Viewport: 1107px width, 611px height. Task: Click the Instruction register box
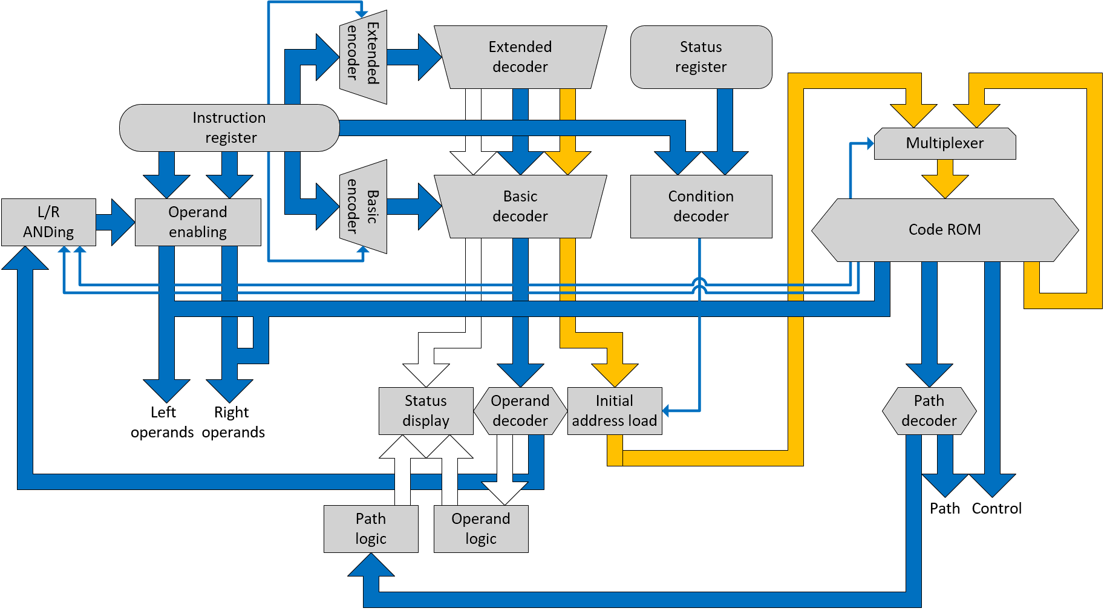coord(229,128)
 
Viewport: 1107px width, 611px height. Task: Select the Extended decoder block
coord(520,57)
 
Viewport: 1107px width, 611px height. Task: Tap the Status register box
coord(701,57)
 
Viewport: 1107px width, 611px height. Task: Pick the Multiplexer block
coord(945,143)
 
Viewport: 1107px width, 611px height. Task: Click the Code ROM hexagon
coord(945,230)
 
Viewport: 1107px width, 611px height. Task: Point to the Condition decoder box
coord(701,206)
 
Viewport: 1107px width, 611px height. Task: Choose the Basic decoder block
coord(520,206)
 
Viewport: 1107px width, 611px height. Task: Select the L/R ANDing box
coord(48,222)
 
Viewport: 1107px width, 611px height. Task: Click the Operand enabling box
coord(198,222)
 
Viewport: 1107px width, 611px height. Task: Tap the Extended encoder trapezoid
coord(363,57)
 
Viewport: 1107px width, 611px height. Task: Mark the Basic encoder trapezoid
coord(363,206)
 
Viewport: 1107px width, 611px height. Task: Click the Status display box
coord(426,411)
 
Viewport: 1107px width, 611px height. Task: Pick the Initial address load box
coord(615,411)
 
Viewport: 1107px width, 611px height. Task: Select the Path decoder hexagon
coord(929,411)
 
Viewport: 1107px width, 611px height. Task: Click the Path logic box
coord(371,529)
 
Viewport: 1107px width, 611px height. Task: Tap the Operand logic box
coord(481,529)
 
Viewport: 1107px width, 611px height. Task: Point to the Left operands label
coord(162,422)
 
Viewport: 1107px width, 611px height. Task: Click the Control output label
coord(996,509)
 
